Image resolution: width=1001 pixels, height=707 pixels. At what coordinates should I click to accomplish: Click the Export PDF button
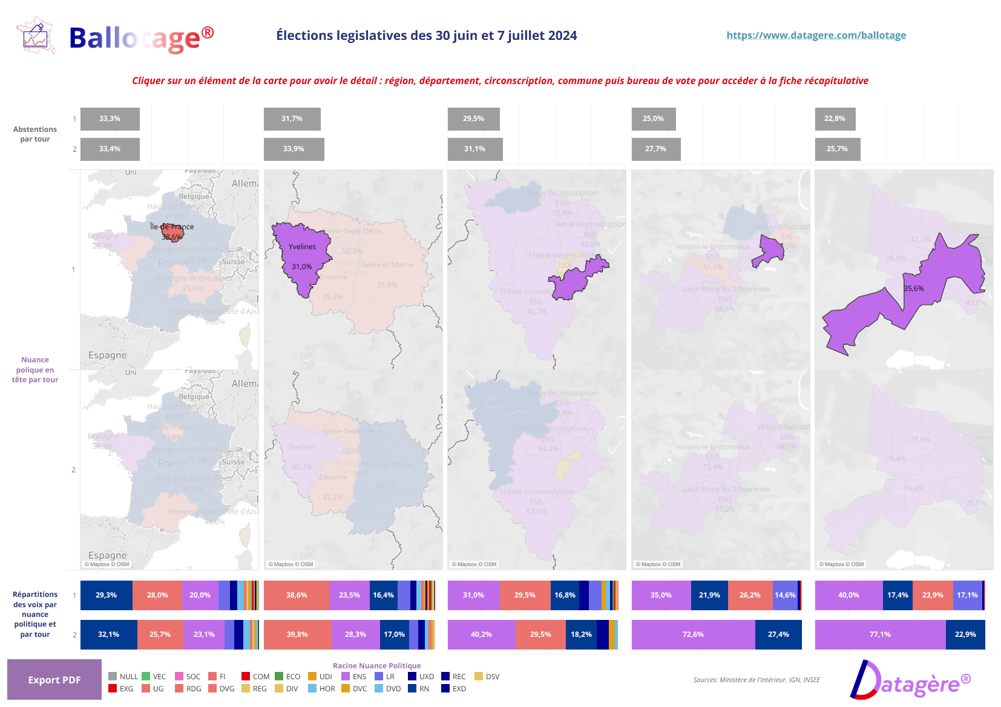point(54,680)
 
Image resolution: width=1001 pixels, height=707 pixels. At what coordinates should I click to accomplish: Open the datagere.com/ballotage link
point(816,35)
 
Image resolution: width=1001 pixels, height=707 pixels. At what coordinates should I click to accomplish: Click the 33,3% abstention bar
point(110,119)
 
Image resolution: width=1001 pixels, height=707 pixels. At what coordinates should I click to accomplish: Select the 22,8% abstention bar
point(835,119)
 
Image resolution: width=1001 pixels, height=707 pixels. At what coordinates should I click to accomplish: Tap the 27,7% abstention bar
point(655,149)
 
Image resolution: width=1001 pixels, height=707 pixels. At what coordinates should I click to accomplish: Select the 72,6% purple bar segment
point(693,634)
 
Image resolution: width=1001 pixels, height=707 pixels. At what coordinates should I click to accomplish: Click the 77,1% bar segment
point(880,634)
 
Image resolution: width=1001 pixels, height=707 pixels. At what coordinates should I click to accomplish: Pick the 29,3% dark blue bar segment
point(106,595)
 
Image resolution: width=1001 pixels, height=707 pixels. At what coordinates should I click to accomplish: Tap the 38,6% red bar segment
point(297,595)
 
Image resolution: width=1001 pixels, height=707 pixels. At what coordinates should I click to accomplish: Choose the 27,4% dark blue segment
point(778,634)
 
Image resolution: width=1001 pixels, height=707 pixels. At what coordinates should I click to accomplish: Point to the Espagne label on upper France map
point(107,355)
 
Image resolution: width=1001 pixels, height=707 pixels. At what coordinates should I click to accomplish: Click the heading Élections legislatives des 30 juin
point(426,35)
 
